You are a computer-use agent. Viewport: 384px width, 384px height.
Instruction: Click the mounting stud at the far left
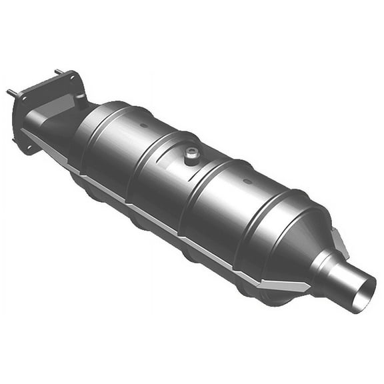(x=11, y=92)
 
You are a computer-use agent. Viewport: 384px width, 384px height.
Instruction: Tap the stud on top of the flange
(x=59, y=71)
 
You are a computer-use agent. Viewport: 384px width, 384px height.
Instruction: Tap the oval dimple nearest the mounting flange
(x=141, y=125)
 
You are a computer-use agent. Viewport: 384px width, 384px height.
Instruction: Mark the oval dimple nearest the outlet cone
(x=248, y=181)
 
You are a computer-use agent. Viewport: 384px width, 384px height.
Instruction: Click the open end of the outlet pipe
(x=365, y=291)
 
